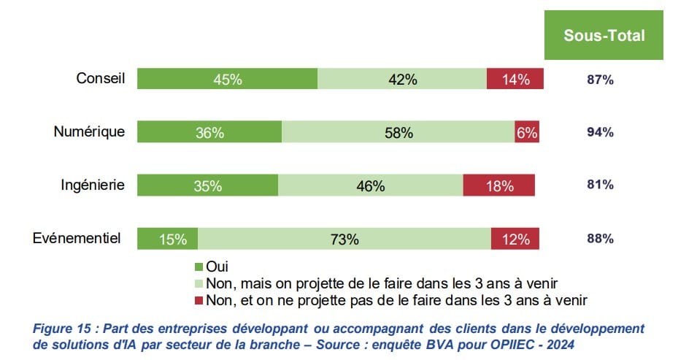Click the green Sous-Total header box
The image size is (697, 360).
[x=604, y=35]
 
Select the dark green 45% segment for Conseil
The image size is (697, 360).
[x=227, y=79]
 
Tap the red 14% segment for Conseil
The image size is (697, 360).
[x=515, y=79]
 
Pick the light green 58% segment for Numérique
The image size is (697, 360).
[x=398, y=132]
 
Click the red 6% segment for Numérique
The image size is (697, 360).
[x=527, y=132]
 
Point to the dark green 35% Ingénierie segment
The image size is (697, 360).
[x=208, y=185]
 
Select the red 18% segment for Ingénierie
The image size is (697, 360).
[x=499, y=185]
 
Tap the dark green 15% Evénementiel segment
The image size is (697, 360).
[x=168, y=239]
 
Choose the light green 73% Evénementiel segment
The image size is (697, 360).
[x=344, y=239]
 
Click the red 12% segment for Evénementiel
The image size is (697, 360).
[x=515, y=239]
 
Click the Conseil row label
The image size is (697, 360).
[x=101, y=78]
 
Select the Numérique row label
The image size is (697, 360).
[x=89, y=131]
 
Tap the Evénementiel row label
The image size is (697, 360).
[x=77, y=238]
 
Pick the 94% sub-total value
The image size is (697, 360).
[x=600, y=132]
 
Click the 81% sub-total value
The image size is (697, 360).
[x=600, y=185]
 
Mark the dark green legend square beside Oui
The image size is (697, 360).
[x=200, y=267]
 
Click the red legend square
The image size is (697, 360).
[x=200, y=299]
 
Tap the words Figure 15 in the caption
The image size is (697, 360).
[x=60, y=329]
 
